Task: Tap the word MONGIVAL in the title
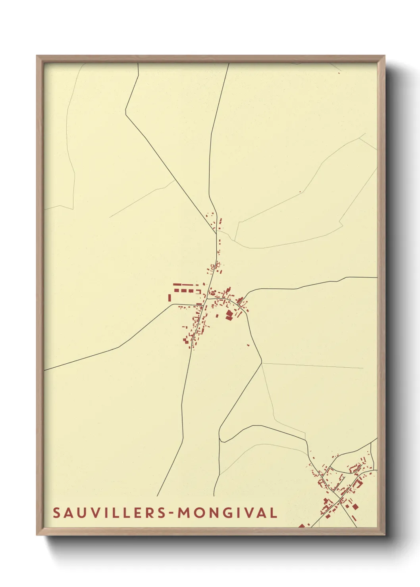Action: [x=227, y=513]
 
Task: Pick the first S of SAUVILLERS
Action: [x=56, y=513]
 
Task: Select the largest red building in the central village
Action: [x=229, y=315]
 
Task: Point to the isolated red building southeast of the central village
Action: [x=249, y=345]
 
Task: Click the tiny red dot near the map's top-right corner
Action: [x=339, y=73]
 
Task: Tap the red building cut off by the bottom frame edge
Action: [x=302, y=526]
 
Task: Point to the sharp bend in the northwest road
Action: [x=126, y=114]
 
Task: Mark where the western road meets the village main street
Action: [x=202, y=305]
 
